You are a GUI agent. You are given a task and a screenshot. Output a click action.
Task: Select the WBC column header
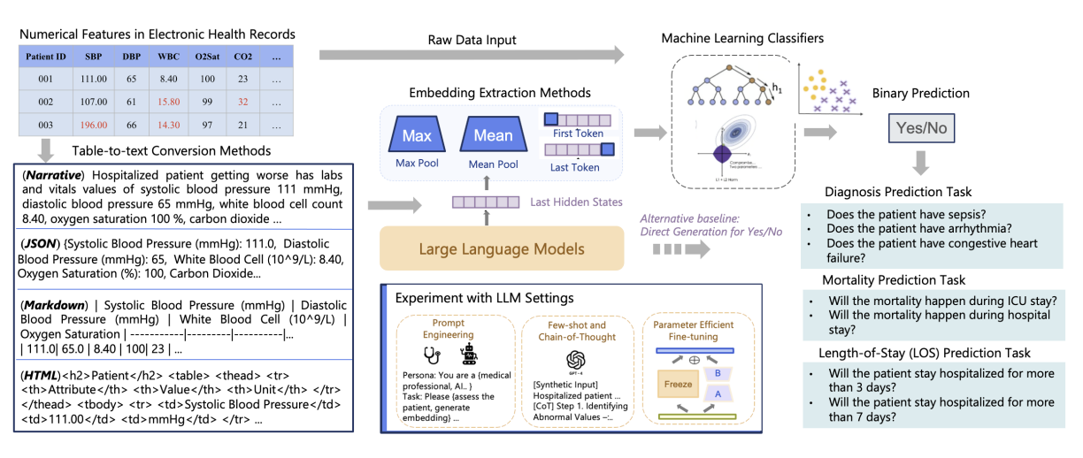(x=168, y=56)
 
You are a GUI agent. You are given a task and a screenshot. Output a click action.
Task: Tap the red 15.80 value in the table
(x=168, y=102)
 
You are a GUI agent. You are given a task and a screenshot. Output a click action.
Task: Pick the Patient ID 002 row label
(x=45, y=102)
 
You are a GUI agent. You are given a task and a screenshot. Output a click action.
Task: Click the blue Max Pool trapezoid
(x=417, y=136)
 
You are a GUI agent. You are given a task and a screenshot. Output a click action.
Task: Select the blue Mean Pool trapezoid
(x=493, y=136)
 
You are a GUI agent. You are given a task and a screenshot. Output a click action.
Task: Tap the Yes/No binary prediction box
(x=921, y=128)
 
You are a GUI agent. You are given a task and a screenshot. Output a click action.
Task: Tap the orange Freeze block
(x=679, y=385)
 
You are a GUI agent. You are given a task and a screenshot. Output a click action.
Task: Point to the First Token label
(x=577, y=134)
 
